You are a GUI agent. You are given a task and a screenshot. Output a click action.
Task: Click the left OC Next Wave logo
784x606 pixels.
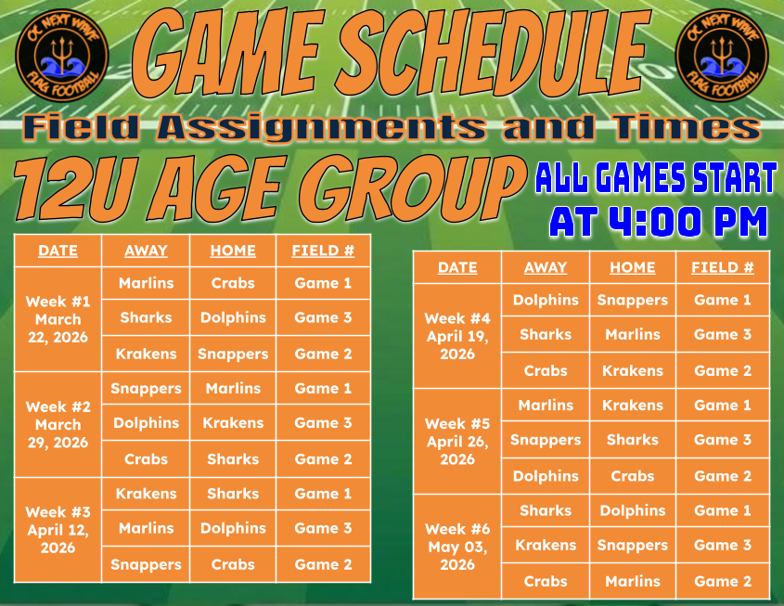62,56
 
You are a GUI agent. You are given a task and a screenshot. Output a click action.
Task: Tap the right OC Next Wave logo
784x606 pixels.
722,56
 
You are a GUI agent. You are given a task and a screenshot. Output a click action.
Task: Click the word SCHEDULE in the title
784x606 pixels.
494,53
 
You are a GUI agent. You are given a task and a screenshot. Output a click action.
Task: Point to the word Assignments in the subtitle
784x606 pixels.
321,128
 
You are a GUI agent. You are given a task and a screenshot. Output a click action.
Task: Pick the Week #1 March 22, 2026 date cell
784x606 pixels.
58,319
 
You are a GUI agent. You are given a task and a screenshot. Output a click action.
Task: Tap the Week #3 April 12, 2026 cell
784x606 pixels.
58,530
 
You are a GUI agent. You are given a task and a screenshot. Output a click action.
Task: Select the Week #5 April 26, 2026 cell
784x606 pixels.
457,441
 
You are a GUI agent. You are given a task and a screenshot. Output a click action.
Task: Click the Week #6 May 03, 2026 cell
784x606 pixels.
457,547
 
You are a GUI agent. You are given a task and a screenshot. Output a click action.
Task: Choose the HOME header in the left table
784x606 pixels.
233,251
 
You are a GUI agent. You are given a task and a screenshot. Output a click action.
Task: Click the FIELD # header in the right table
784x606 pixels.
723,267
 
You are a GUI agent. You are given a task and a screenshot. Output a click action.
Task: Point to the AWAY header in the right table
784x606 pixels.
546,267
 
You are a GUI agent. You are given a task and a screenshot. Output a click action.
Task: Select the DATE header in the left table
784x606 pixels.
58,251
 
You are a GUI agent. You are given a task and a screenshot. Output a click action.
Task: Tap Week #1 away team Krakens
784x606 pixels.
146,354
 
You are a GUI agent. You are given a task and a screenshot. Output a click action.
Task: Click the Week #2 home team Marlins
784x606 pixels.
233,388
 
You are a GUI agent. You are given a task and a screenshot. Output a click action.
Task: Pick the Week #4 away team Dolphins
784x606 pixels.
546,300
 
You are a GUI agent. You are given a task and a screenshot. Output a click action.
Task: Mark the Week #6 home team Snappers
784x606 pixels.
633,545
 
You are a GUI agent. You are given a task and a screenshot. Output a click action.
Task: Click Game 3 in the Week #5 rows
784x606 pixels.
723,440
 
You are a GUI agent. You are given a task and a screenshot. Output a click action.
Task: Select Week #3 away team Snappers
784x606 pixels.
146,564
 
